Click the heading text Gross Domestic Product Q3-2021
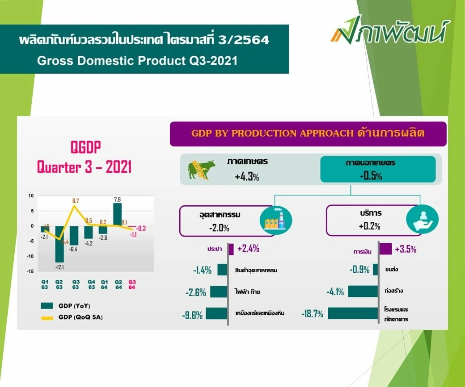137,60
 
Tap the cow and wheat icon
201,169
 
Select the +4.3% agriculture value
247,177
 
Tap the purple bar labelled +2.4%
231,249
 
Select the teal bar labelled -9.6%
217,314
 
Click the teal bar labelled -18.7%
353,313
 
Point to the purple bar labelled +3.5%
385,249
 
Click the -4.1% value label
335,292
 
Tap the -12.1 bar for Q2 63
59,244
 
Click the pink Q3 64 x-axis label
132,284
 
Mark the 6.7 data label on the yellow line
76,200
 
